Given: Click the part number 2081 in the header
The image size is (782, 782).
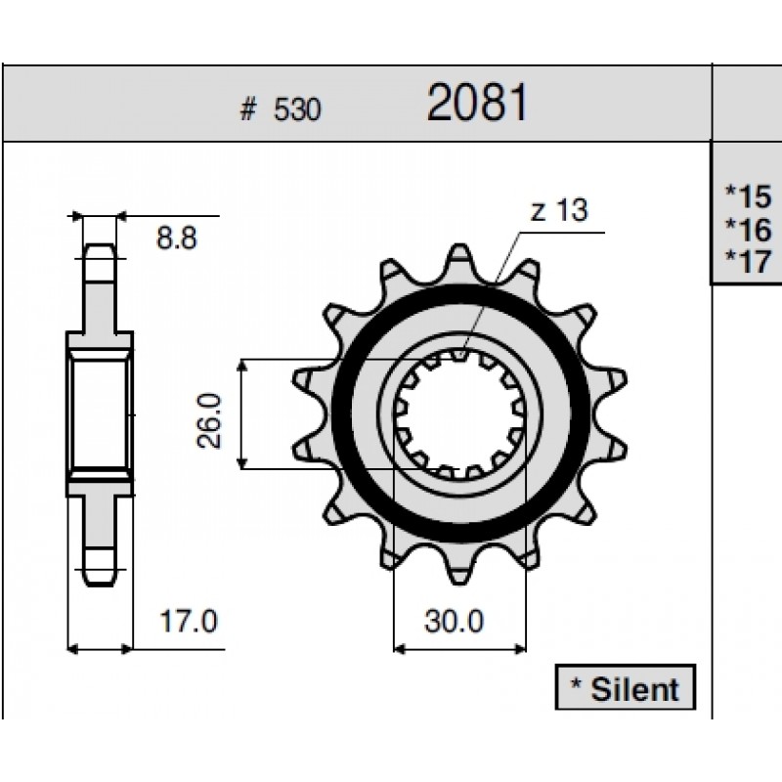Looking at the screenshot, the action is coord(477,103).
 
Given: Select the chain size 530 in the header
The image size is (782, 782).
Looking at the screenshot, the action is coord(297,109).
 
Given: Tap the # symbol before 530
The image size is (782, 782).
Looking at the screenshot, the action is coord(248,109).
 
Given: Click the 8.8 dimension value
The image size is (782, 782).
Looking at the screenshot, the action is coord(177,238).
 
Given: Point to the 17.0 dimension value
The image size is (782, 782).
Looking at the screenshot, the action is coord(188,622).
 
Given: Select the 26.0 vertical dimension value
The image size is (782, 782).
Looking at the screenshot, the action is coord(209,421).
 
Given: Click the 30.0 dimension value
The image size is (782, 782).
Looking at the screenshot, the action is coord(454,622).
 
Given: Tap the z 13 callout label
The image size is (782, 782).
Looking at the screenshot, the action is coord(559,210).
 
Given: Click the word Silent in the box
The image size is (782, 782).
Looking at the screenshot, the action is coord(634,690).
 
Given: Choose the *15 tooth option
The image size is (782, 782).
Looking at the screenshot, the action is coord(748,196).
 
